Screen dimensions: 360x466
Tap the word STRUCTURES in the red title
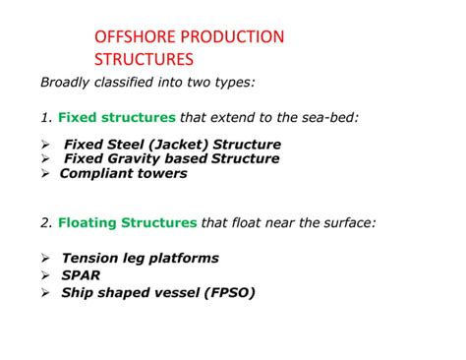(144, 60)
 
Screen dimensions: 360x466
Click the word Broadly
(67, 82)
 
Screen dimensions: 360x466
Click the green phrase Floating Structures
(127, 222)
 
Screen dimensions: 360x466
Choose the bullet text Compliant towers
(123, 173)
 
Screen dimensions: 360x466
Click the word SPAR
(81, 275)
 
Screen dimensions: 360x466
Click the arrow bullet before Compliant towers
(45, 173)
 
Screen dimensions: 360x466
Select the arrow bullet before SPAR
(45, 275)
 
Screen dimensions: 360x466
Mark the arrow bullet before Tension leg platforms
(45, 258)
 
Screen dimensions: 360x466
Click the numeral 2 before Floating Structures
(45, 222)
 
